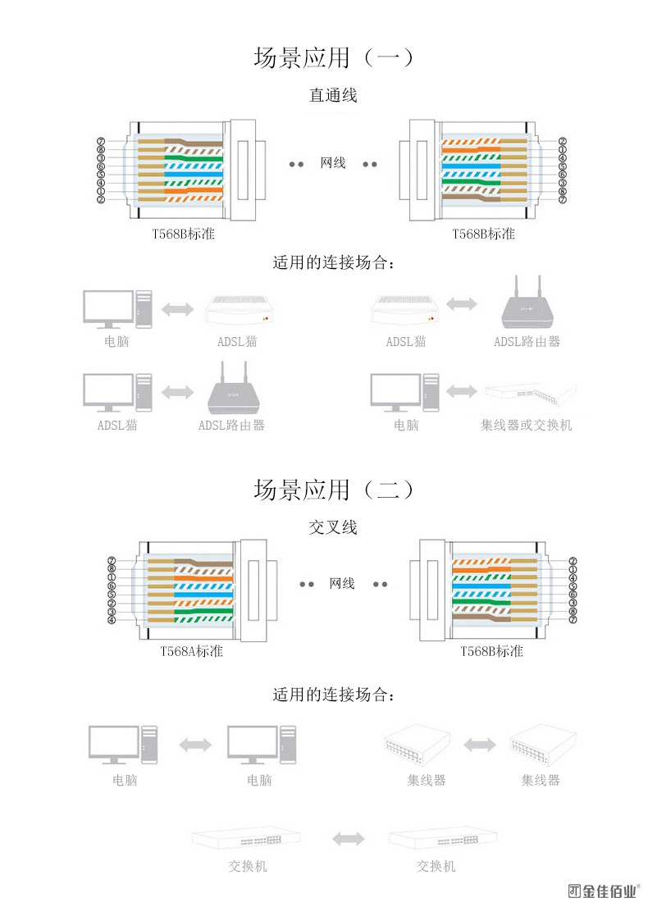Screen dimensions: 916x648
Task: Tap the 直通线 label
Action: click(333, 96)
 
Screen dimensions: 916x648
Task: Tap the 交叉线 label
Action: click(333, 527)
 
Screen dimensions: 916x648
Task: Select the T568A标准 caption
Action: click(191, 651)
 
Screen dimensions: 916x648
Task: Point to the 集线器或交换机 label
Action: click(526, 425)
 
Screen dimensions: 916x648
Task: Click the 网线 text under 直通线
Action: click(333, 163)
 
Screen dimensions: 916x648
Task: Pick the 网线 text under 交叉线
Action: click(342, 584)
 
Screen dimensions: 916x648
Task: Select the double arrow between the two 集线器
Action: click(479, 744)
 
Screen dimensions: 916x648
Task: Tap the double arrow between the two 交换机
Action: click(349, 838)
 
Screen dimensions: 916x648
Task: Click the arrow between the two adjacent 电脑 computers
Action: click(195, 744)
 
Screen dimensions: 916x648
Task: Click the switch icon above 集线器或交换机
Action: click(529, 394)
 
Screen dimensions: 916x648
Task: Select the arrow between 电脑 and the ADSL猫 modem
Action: click(178, 310)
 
